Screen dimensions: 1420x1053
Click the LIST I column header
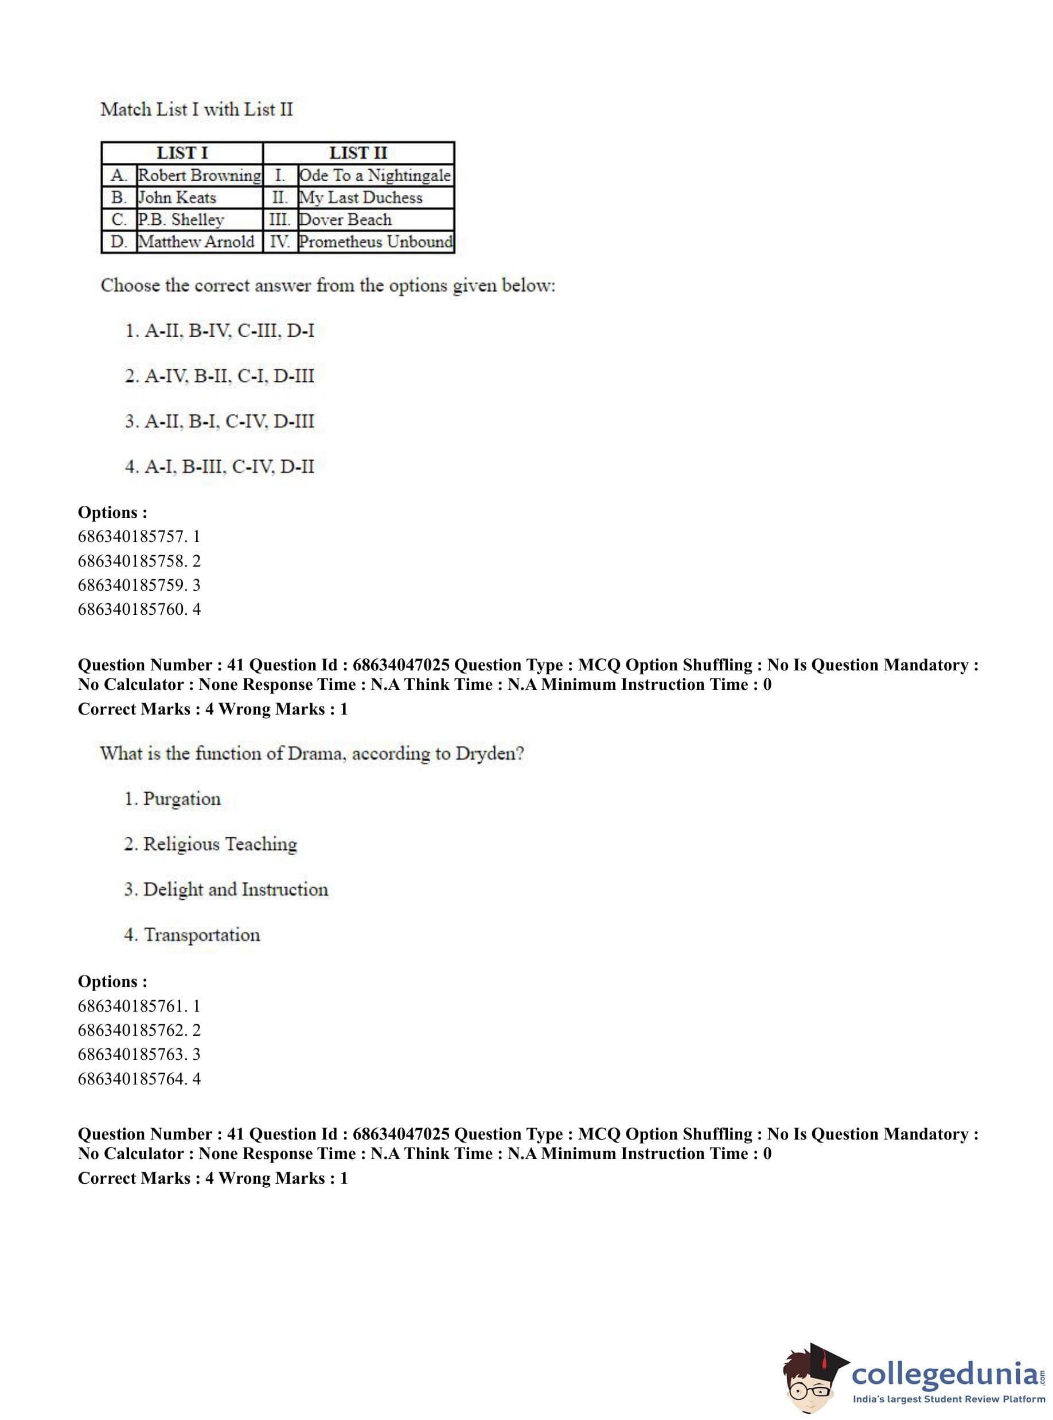[182, 153]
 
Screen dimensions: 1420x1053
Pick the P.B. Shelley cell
[182, 220]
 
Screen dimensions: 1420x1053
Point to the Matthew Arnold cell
[196, 242]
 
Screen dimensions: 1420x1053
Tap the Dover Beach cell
[345, 220]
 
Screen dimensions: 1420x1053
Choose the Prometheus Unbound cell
[376, 242]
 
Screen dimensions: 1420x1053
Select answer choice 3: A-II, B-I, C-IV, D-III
[219, 422]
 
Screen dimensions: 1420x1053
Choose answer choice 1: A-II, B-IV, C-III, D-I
[219, 331]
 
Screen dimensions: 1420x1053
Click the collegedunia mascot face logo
[813, 1375]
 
